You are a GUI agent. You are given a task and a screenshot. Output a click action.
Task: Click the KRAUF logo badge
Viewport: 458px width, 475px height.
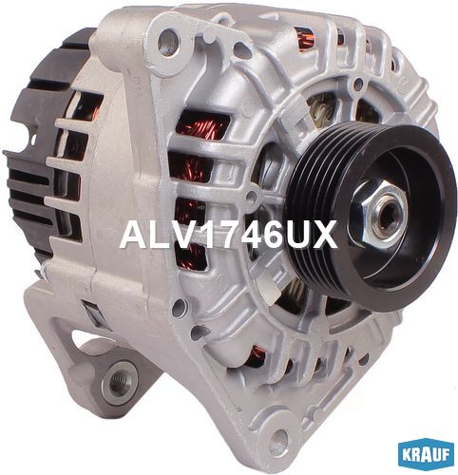pyautogui.click(x=428, y=456)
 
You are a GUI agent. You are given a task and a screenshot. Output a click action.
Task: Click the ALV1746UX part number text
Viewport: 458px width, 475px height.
pyautogui.click(x=228, y=235)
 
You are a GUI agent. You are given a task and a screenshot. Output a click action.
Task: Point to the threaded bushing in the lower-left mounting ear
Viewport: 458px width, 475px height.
pyautogui.click(x=120, y=382)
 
